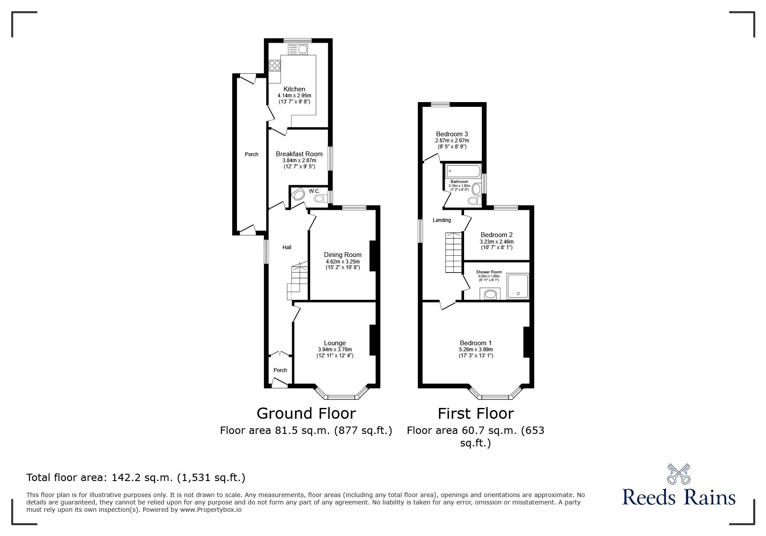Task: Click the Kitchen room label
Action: [x=294, y=89]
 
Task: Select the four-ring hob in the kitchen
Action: [x=274, y=65]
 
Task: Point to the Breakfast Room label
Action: [x=299, y=154]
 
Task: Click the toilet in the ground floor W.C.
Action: [x=320, y=198]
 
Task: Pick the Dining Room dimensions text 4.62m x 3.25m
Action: [x=343, y=262]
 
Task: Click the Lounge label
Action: [x=335, y=343]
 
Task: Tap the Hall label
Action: [x=287, y=247]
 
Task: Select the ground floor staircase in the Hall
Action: [x=298, y=282]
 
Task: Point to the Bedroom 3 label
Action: [x=452, y=134]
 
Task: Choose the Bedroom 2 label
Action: [x=497, y=235]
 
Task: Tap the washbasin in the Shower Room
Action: [x=490, y=294]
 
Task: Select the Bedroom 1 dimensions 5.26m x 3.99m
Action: [x=476, y=350]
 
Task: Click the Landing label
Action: [x=442, y=220]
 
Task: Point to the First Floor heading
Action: [x=476, y=414]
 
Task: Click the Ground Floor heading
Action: [x=306, y=414]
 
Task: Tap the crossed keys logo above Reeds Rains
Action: [x=679, y=474]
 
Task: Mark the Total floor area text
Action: [x=136, y=478]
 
